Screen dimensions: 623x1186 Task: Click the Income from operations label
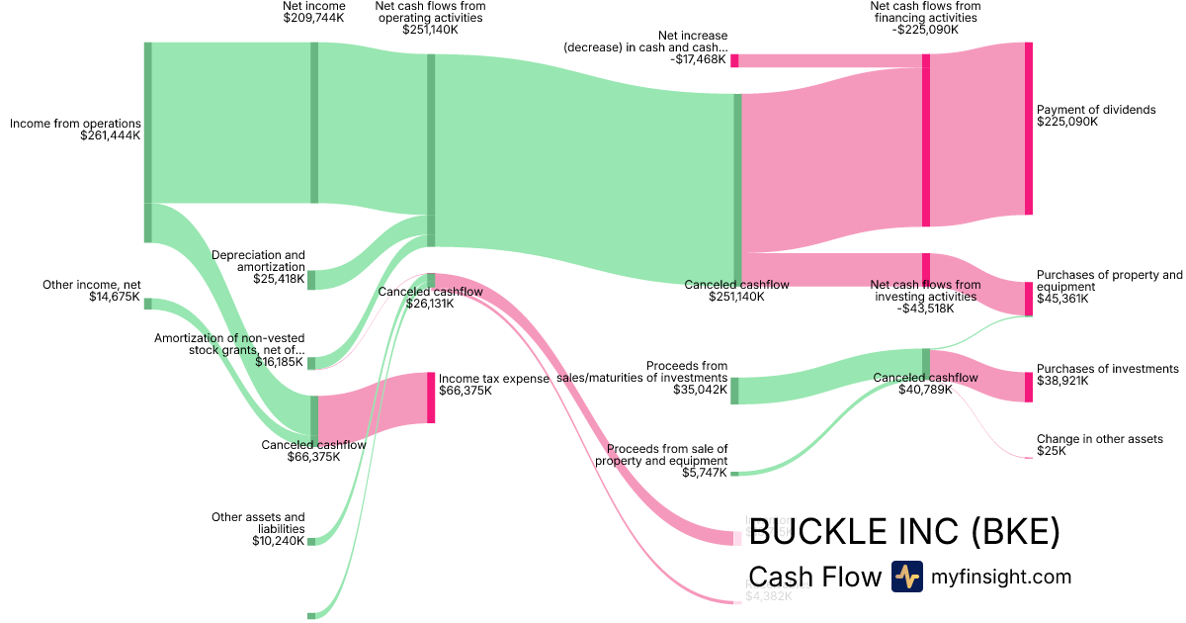[x=75, y=124]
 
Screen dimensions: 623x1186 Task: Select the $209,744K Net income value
[x=313, y=18]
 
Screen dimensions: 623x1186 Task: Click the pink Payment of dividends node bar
[x=1028, y=128]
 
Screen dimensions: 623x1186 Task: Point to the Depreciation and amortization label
[x=259, y=261]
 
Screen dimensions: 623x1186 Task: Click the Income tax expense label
[x=493, y=378]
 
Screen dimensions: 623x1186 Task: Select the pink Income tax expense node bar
[x=431, y=398]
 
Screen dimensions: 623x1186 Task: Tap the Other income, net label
[x=92, y=285]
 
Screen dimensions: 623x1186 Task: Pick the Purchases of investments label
[x=1107, y=369]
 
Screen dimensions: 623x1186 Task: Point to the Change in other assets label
[x=1099, y=439]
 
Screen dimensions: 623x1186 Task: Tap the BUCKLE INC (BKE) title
[x=904, y=532]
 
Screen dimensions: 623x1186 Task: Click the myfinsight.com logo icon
[x=906, y=577]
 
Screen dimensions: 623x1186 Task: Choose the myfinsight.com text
[x=1001, y=577]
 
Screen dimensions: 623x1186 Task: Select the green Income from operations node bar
[x=148, y=141]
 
